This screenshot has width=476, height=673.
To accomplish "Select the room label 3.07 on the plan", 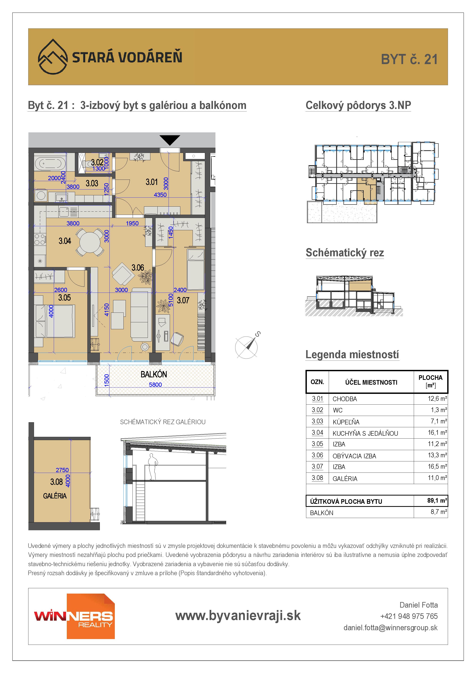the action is click(183, 300).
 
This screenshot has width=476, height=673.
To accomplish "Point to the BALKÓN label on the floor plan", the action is click(154, 374).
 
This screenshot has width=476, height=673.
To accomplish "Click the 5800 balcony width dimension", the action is click(155, 385).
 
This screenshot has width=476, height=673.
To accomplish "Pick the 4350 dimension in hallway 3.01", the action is click(160, 195).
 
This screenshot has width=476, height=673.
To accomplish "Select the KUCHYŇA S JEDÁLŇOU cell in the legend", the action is click(365, 433).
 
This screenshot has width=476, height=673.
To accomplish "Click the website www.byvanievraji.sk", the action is click(238, 616).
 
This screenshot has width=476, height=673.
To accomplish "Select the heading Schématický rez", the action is click(345, 253).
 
